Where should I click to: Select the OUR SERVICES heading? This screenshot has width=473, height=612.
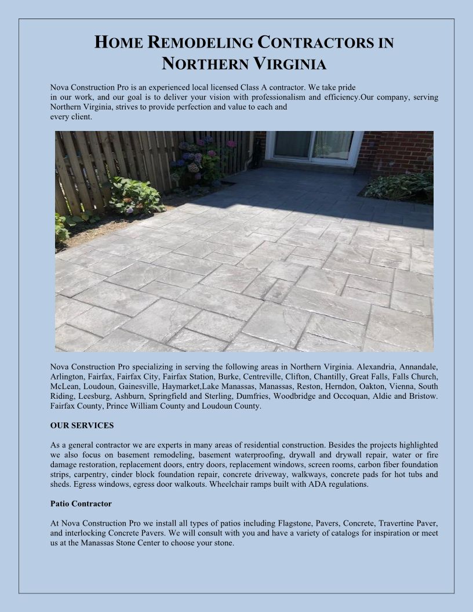point(82,425)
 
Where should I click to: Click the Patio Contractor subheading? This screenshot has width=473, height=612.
point(81,503)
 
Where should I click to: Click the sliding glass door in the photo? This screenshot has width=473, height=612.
point(313,145)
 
